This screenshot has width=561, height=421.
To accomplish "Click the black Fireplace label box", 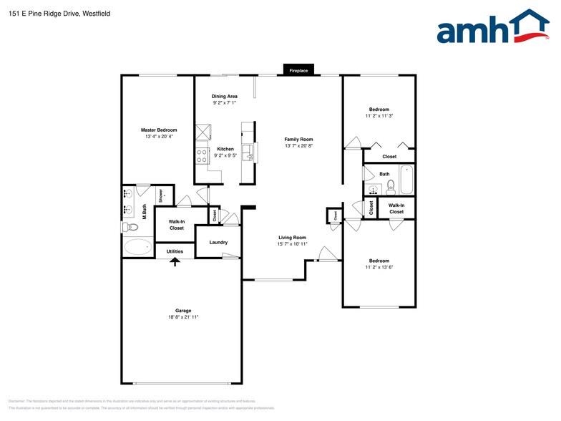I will coord(299,70).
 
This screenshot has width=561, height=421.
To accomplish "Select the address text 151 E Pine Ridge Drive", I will coord(44,14).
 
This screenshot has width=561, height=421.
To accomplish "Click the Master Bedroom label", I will coord(158,130).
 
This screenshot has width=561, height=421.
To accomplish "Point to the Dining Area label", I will coord(224,96).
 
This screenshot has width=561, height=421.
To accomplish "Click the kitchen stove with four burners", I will coord(202,155).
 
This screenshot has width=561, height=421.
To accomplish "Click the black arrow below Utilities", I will coord(175,261).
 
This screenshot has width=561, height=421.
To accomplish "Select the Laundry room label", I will coord(218,243).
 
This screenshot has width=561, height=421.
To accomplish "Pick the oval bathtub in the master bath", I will coord(138,248).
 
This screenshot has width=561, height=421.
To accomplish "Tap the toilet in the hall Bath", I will coord(391,188).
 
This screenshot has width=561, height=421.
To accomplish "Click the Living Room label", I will coord(292,238).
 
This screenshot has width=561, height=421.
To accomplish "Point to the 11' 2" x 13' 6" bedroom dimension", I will coord(379,267).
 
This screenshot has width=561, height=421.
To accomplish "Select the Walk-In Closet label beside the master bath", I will coord(177,225).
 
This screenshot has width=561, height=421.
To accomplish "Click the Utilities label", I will coord(175,251).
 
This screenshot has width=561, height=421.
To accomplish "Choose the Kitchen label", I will coord(225,149).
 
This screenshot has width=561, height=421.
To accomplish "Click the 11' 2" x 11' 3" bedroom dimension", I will coord(379,115).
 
